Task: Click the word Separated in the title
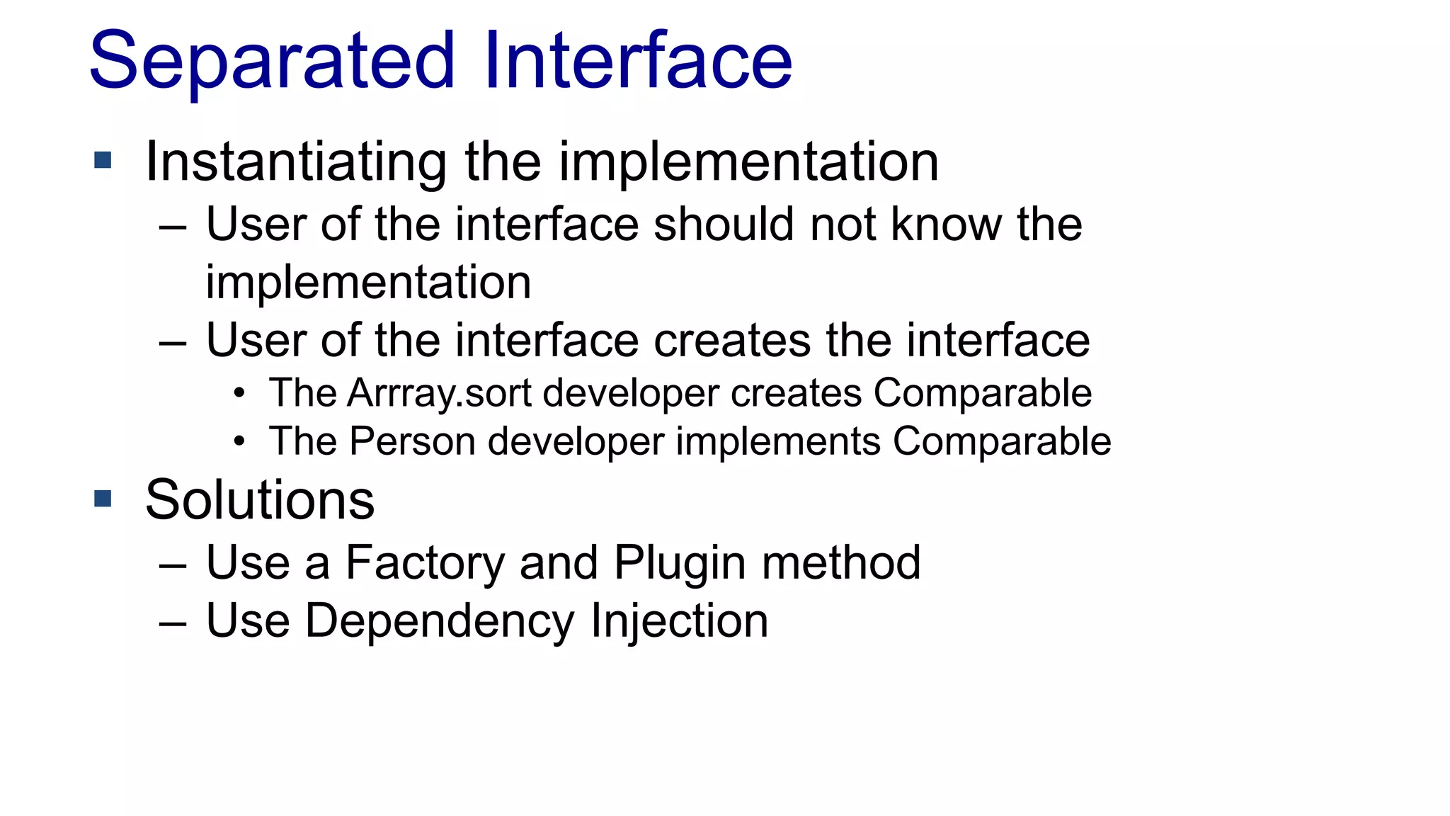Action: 272,62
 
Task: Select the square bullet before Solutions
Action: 103,499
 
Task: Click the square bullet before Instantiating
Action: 103,160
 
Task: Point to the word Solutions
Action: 260,500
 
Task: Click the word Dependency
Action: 439,622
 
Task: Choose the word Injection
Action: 679,622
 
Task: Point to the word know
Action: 943,225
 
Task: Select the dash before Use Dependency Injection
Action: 173,623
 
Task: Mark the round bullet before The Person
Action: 239,442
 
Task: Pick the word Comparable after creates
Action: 982,393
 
